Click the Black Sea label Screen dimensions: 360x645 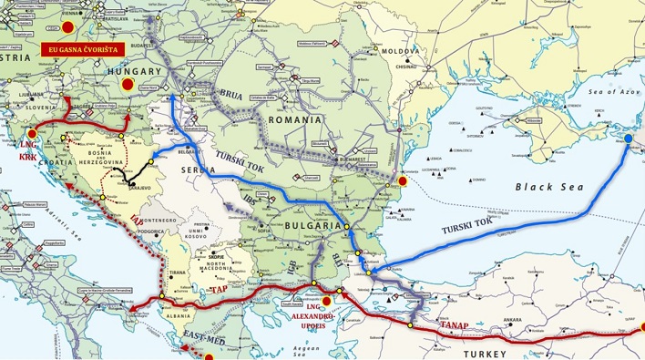coord(546,186)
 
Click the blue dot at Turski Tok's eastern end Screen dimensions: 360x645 coord(628,139)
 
